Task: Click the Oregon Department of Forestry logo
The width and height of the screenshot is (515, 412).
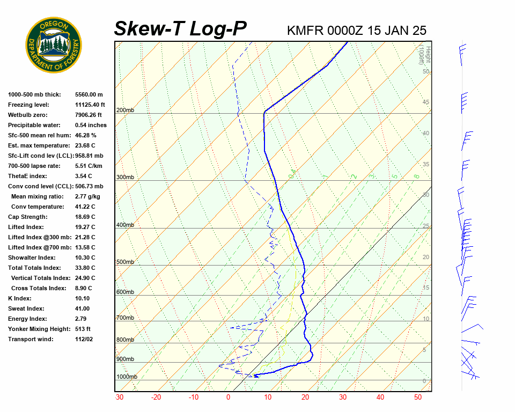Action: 54,45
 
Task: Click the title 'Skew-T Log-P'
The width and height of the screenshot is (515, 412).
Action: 180,29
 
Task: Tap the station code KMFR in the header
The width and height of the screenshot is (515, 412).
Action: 305,31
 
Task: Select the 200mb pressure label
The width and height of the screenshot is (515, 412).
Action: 125,111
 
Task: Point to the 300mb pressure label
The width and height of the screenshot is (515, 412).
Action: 125,177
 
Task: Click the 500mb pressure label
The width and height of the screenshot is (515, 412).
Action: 125,262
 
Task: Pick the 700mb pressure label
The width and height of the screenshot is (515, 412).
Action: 125,318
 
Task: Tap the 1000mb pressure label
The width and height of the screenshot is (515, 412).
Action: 127,377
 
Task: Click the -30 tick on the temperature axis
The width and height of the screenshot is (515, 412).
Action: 119,398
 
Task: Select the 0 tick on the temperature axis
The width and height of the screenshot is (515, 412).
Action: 228,398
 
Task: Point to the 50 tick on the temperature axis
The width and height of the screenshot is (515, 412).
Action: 418,398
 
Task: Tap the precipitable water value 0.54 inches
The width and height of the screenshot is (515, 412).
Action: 91,125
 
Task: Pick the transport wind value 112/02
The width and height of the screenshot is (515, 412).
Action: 84,339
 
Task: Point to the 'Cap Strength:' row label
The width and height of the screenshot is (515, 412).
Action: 27,217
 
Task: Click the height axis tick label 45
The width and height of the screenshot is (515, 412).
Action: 426,102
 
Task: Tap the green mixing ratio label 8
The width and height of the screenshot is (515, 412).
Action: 416,176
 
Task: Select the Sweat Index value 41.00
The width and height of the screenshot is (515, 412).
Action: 83,308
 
